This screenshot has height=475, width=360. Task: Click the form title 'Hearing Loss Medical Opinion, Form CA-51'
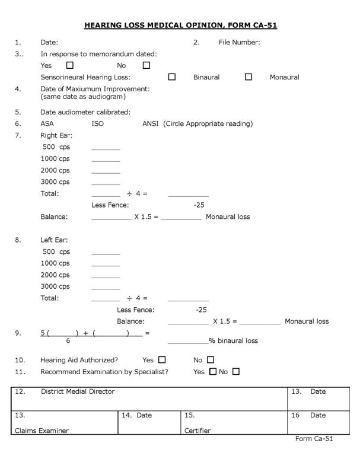tap(180, 25)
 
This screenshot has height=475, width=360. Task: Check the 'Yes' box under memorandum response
tap(70, 65)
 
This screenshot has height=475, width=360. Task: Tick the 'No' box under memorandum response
tap(146, 65)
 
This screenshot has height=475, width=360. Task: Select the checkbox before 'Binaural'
tap(172, 77)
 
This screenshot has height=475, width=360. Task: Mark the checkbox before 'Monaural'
tap(249, 77)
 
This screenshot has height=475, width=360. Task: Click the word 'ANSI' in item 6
tap(150, 124)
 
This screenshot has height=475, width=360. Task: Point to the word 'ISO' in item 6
tap(97, 124)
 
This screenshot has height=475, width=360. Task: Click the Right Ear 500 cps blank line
tap(106, 148)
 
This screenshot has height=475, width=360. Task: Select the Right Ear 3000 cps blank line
tap(106, 183)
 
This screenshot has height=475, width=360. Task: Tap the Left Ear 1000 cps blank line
tap(106, 264)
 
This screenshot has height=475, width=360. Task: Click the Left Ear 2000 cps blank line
tap(106, 276)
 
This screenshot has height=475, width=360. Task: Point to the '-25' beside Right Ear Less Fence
tap(199, 205)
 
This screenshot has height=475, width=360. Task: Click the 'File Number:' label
tap(240, 42)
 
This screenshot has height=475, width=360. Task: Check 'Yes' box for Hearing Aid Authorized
tap(163, 359)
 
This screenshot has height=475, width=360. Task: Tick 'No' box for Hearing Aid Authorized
tap(211, 359)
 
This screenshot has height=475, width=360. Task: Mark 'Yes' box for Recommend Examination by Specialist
tap(214, 372)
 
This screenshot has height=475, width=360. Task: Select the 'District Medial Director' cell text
tap(78, 392)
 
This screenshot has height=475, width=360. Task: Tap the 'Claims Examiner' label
tap(42, 431)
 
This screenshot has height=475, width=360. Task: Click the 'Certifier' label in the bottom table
tap(197, 431)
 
